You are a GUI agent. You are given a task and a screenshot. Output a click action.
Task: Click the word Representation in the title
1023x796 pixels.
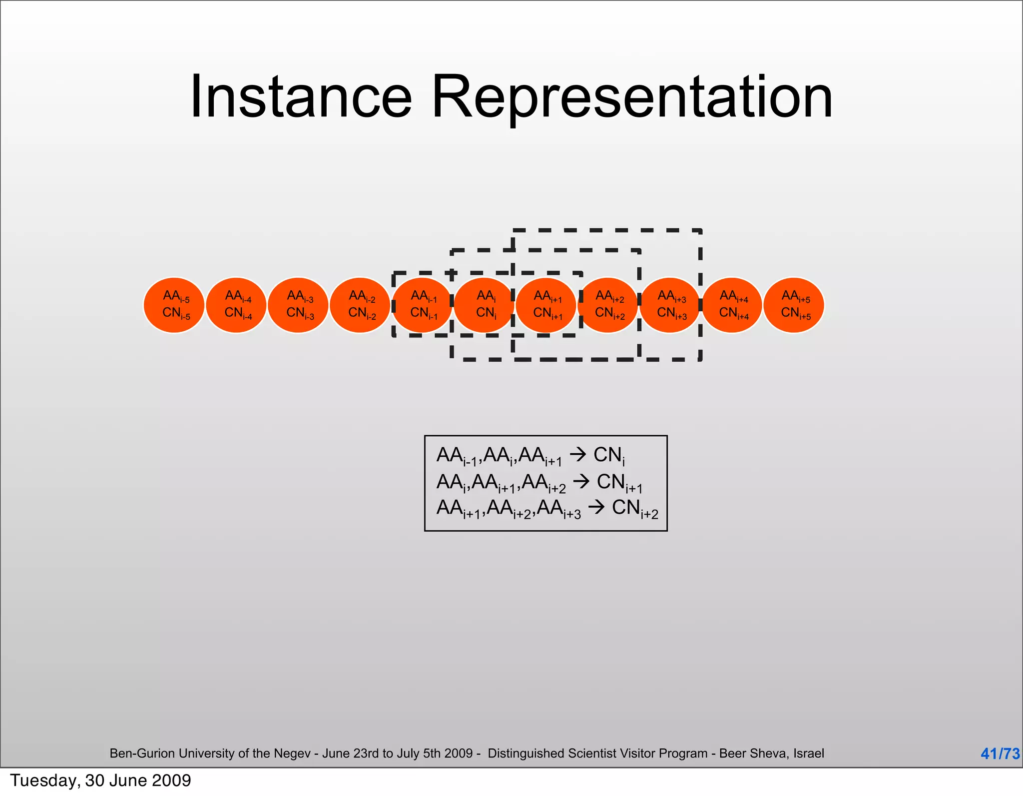pyautogui.click(x=631, y=97)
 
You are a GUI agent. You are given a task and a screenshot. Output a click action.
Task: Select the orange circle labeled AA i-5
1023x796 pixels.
pyautogui.click(x=174, y=305)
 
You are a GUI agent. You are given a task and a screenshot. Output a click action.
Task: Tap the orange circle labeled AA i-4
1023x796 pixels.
pyautogui.click(x=236, y=305)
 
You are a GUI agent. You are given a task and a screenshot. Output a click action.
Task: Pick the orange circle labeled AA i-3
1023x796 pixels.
pyautogui.click(x=298, y=305)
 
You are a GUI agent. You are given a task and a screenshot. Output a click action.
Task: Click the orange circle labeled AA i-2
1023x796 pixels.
pyautogui.click(x=360, y=305)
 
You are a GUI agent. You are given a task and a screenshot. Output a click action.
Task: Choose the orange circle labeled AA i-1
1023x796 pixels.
pyautogui.click(x=422, y=305)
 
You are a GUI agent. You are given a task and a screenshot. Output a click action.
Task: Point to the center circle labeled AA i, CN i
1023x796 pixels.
pyautogui.click(x=484, y=305)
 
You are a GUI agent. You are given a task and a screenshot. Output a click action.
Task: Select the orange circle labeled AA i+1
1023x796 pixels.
pyautogui.click(x=546, y=305)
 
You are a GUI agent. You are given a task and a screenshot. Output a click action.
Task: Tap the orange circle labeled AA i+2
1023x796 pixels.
pyautogui.click(x=608, y=305)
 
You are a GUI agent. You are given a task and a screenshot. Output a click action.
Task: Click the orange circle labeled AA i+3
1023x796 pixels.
pyautogui.click(x=670, y=305)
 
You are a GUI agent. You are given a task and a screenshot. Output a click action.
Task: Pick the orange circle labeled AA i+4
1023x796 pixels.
pyautogui.click(x=732, y=305)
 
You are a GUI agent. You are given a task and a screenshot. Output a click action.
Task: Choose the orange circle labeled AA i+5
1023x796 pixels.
pyautogui.click(x=794, y=305)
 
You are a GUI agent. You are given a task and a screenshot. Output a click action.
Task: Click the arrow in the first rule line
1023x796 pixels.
pyautogui.click(x=577, y=455)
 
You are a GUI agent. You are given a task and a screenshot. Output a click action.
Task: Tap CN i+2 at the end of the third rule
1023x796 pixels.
pyautogui.click(x=635, y=509)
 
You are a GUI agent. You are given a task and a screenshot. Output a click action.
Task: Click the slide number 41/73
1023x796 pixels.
pyautogui.click(x=1000, y=754)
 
